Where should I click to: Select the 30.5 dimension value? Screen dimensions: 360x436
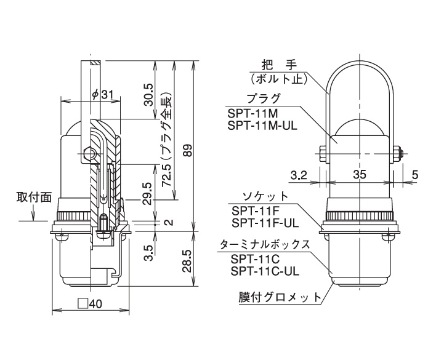click(149, 91)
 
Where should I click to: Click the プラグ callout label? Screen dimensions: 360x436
click(263, 98)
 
